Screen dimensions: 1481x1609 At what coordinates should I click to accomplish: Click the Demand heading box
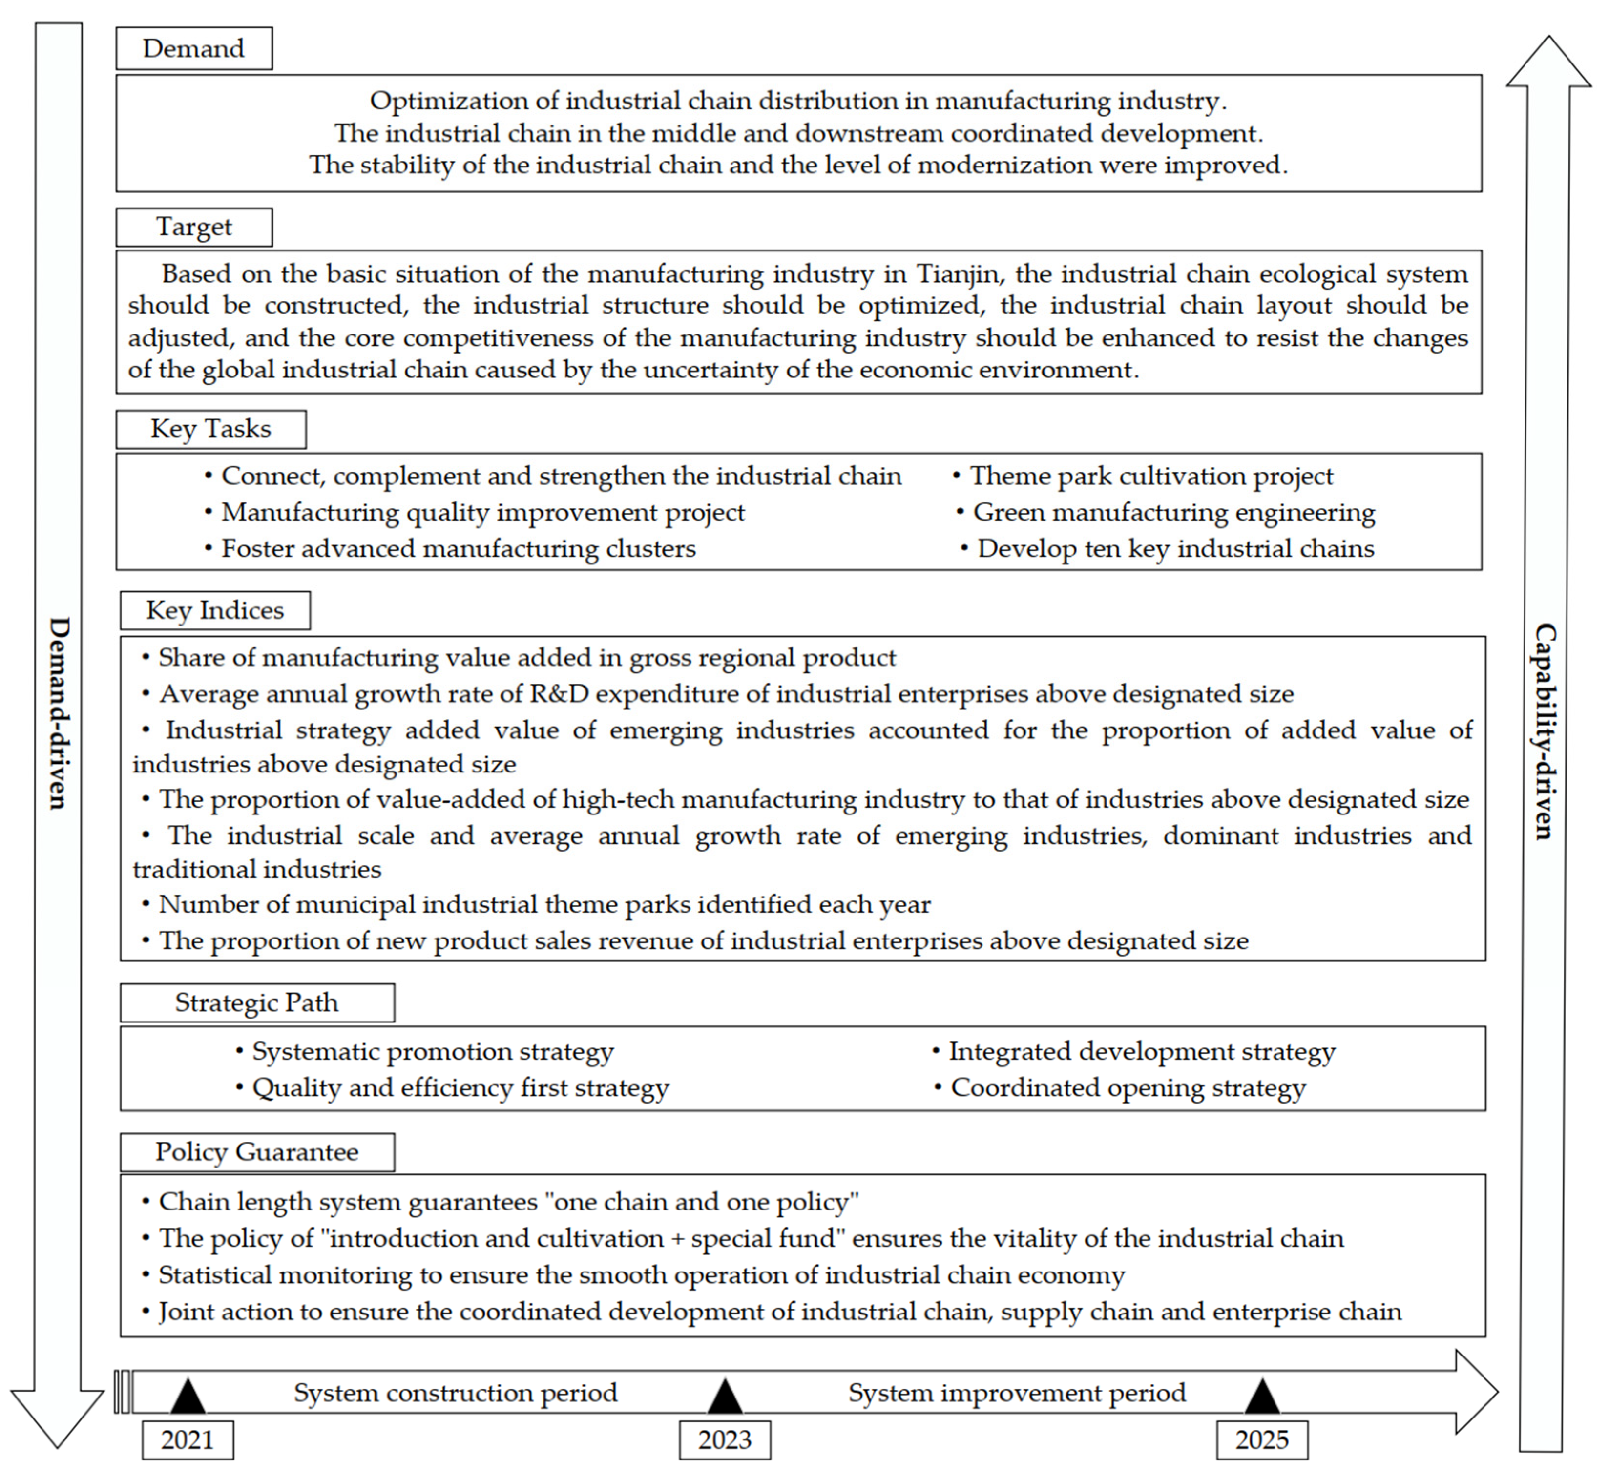[194, 49]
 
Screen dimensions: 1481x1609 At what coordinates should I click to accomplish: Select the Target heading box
[194, 228]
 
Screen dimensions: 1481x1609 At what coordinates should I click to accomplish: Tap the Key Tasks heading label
[211, 430]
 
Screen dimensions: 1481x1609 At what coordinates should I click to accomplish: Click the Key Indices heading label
[215, 611]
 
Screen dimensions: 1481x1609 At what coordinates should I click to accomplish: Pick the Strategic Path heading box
[257, 1003]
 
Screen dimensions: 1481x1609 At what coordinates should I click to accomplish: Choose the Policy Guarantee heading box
[257, 1152]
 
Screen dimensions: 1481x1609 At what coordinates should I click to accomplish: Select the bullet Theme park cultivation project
[1150, 477]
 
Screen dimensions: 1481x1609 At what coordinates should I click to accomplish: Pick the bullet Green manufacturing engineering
[1173, 513]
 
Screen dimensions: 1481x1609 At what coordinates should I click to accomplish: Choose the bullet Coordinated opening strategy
[1128, 1088]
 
